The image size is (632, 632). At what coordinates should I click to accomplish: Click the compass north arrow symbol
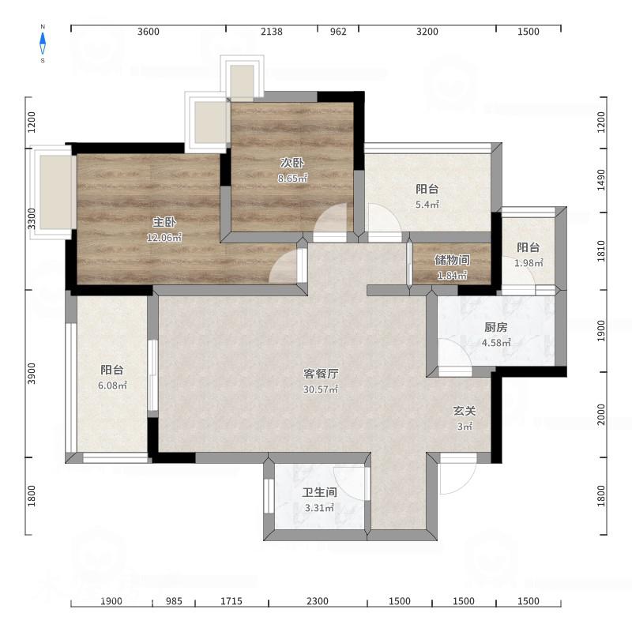[x=43, y=43]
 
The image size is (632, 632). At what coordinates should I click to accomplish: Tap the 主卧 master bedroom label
[x=164, y=222]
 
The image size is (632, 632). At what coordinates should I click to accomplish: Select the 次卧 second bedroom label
[x=292, y=163]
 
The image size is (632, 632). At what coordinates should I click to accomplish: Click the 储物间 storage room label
[x=452, y=260]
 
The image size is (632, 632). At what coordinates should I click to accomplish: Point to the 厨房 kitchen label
[x=496, y=327]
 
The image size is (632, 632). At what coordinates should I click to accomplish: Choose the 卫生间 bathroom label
[x=320, y=492]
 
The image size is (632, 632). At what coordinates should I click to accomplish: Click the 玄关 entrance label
[x=465, y=411]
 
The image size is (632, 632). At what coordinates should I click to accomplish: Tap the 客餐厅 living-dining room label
[x=321, y=374]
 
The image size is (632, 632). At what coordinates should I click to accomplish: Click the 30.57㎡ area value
[x=321, y=389]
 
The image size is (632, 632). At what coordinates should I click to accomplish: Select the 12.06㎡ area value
[x=164, y=238]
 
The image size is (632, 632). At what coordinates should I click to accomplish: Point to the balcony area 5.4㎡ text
[x=427, y=205]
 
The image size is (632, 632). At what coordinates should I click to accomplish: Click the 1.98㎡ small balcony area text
[x=529, y=263]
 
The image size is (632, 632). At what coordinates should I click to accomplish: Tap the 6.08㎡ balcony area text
[x=112, y=386]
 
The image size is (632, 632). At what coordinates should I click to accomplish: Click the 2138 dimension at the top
[x=272, y=32]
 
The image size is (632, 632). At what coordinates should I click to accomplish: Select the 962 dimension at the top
[x=338, y=32]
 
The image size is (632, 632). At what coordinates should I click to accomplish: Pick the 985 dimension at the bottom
[x=174, y=601]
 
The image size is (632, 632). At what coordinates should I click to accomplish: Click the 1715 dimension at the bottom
[x=231, y=601]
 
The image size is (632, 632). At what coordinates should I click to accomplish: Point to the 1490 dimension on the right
[x=601, y=180]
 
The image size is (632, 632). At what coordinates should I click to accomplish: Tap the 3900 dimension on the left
[x=32, y=374]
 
